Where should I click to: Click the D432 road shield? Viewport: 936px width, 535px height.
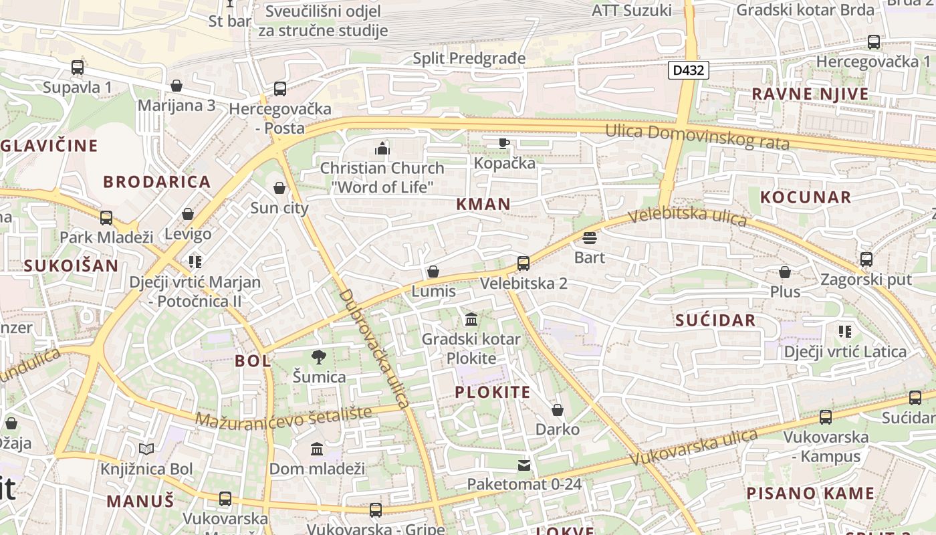[x=688, y=70]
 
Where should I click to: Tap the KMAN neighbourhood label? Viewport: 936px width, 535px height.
[x=483, y=205]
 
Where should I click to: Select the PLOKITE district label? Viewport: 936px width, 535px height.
[x=493, y=393]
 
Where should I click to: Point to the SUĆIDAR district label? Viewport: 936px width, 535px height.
[x=715, y=320]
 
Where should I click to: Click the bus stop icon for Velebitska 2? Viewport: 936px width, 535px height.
[x=523, y=263]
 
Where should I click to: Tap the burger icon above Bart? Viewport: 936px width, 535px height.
[x=589, y=238]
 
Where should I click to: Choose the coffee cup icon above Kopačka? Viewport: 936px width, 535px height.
[x=504, y=143]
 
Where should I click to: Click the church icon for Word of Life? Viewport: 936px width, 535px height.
[x=382, y=148]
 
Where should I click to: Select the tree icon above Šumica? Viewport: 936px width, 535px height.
[x=319, y=358]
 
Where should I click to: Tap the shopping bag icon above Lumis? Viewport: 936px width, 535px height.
[x=433, y=272]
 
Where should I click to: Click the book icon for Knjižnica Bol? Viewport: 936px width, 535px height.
[x=146, y=449]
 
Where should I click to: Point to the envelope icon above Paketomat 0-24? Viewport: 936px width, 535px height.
[x=524, y=465]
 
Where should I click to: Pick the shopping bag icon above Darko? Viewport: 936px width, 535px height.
[x=558, y=410]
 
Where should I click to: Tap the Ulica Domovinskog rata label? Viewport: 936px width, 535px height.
[x=697, y=137]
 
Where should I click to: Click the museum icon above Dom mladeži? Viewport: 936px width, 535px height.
[x=317, y=449]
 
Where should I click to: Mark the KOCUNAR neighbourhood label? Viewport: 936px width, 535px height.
[x=806, y=197]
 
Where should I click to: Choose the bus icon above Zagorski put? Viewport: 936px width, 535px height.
[x=866, y=259]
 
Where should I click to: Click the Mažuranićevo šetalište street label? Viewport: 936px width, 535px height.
[x=283, y=419]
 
